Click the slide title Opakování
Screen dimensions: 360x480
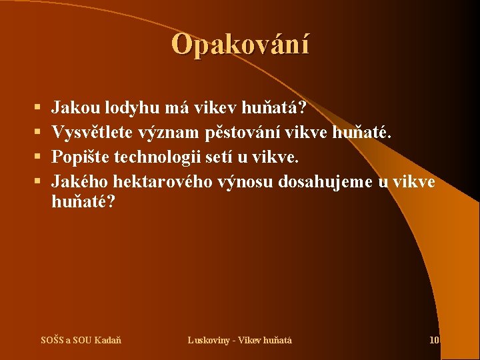(x=240, y=45)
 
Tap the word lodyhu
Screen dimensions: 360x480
(x=131, y=107)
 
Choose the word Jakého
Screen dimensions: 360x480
(x=80, y=182)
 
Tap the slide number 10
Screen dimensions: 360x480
(x=434, y=340)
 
